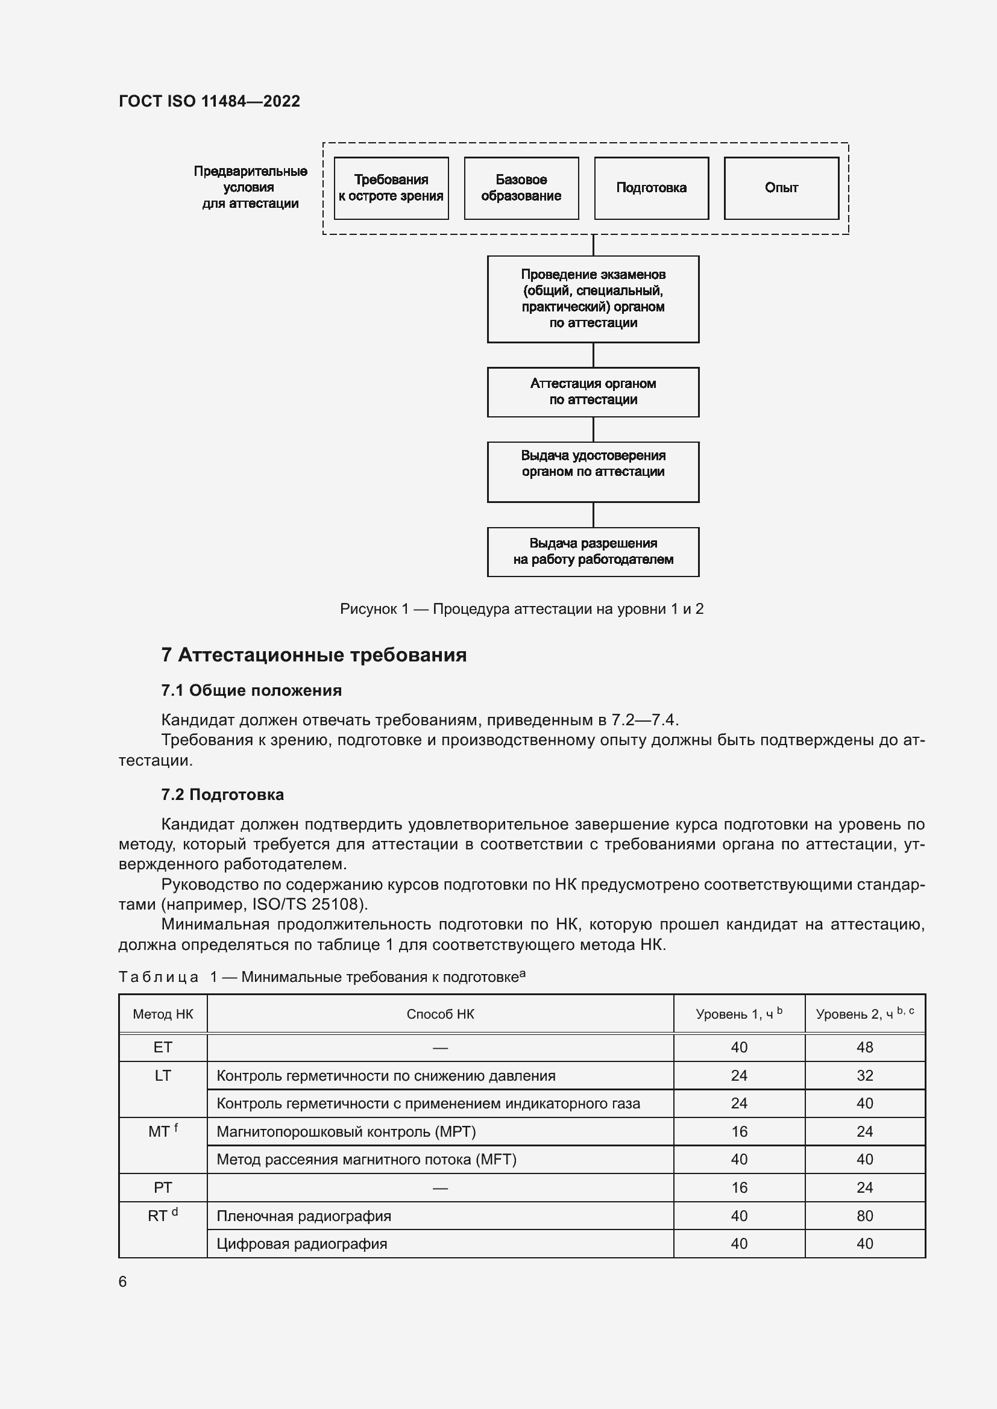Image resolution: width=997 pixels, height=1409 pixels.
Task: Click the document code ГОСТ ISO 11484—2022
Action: pyautogui.click(x=209, y=101)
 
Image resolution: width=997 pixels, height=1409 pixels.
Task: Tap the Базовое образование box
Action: pyautogui.click(x=521, y=188)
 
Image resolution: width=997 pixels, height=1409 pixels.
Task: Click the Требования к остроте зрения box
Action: pyautogui.click(x=391, y=188)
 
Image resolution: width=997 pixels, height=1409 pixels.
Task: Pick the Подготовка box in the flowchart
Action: pyautogui.click(x=652, y=188)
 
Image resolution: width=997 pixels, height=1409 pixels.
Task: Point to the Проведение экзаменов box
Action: pyautogui.click(x=593, y=299)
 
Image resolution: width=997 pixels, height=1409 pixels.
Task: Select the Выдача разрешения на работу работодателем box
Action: pyautogui.click(x=593, y=551)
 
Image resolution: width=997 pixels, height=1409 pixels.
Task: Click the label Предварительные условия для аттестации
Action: pyautogui.click(x=251, y=187)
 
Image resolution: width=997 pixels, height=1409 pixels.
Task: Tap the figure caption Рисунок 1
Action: pyautogui.click(x=521, y=609)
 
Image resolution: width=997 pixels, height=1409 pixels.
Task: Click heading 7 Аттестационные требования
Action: pyautogui.click(x=313, y=655)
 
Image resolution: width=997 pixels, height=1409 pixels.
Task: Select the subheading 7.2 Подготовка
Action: pyautogui.click(x=222, y=795)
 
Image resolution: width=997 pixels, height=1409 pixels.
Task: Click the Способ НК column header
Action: pyautogui.click(x=440, y=1014)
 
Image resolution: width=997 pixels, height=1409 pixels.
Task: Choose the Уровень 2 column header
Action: pyautogui.click(x=864, y=1014)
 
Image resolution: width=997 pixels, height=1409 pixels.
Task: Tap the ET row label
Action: pyautogui.click(x=163, y=1048)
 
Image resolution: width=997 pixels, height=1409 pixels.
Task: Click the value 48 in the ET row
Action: pyautogui.click(x=864, y=1048)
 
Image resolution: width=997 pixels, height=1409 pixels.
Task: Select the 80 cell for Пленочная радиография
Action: pyautogui.click(x=864, y=1216)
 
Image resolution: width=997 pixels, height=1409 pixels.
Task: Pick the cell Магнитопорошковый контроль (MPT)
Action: pyautogui.click(x=346, y=1132)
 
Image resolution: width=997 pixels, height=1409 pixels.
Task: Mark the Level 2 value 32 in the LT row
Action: pyautogui.click(x=864, y=1075)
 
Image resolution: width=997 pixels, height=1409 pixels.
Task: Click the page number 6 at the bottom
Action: pyautogui.click(x=123, y=1281)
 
